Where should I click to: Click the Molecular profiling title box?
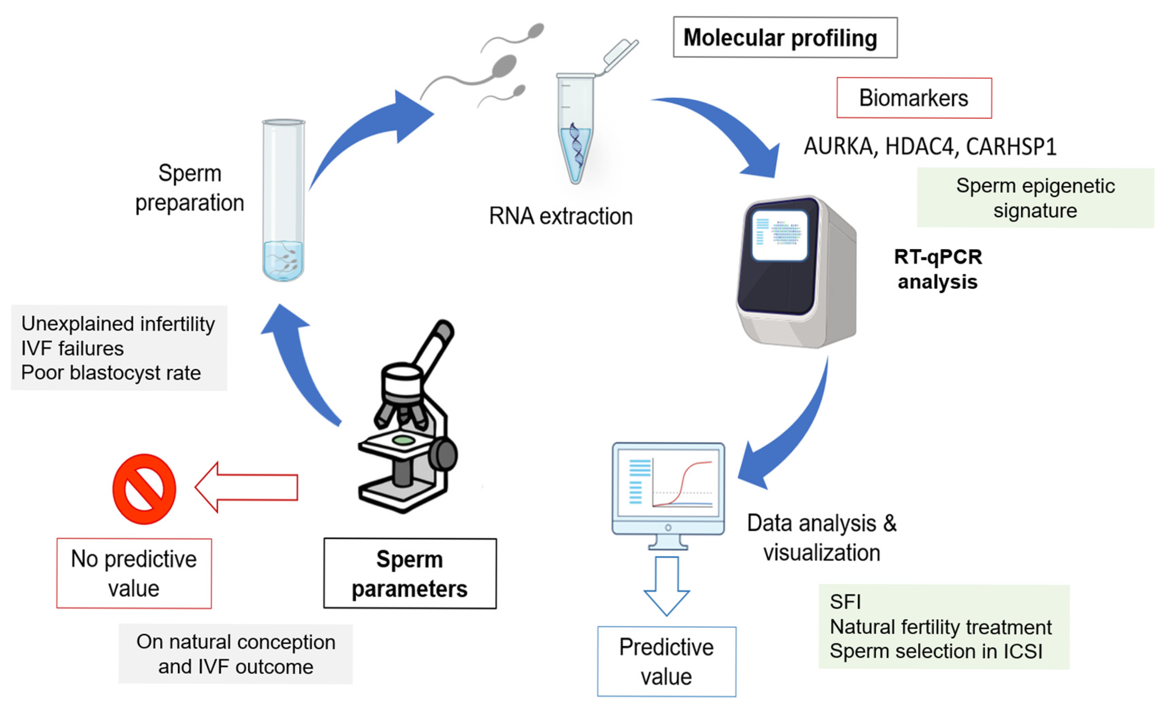pyautogui.click(x=785, y=38)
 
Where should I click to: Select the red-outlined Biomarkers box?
pyautogui.click(x=913, y=98)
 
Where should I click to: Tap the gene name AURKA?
pyautogui.click(x=838, y=146)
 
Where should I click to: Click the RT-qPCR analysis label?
pyautogui.click(x=937, y=269)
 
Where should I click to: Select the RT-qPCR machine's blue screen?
pyautogui.click(x=779, y=235)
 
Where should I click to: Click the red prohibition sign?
pyautogui.click(x=144, y=489)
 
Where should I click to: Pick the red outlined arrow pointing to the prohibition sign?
pyautogui.click(x=246, y=487)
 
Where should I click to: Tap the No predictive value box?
pyautogui.click(x=134, y=573)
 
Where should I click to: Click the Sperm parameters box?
pyautogui.click(x=410, y=573)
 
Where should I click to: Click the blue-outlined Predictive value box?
pyautogui.click(x=666, y=661)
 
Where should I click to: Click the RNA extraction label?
pyautogui.click(x=560, y=216)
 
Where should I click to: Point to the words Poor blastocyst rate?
pyautogui.click(x=111, y=373)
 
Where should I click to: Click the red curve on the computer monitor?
pyautogui.click(x=682, y=483)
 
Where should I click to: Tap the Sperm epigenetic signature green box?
pyautogui.click(x=1034, y=198)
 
